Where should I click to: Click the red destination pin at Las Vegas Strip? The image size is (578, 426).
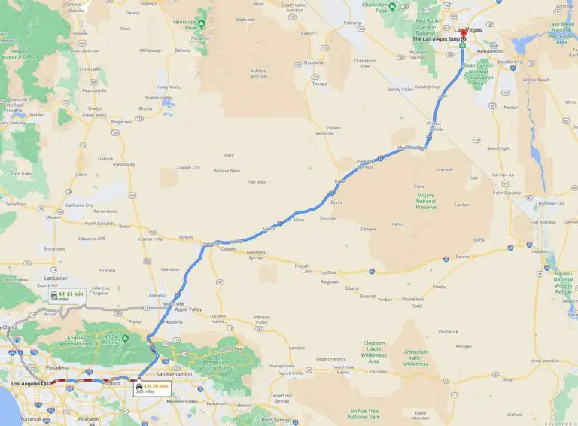[463, 39]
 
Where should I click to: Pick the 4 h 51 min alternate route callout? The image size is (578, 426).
[65, 296]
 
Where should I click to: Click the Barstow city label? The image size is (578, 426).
[209, 244]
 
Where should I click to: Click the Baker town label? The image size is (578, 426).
[339, 181]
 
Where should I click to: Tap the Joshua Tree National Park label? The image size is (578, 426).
[364, 414]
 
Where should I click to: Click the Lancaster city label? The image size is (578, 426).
[56, 278]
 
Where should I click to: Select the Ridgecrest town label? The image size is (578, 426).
[121, 121]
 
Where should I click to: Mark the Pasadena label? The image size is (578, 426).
[56, 367]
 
